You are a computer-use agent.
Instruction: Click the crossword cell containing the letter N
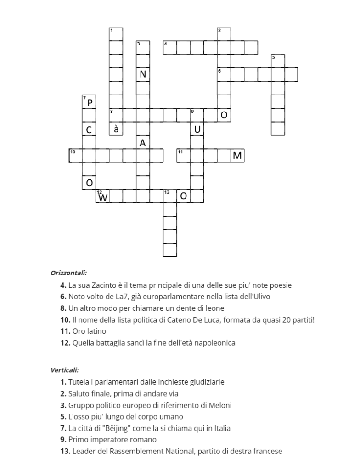[x=143, y=74]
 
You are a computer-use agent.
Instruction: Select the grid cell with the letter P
[x=89, y=102]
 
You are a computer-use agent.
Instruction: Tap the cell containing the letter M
[x=237, y=156]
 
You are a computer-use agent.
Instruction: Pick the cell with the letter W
[x=103, y=196]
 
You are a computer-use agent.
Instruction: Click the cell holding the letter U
[x=197, y=129]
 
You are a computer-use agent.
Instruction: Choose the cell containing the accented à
[x=116, y=129]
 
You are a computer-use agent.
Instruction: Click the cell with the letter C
[x=89, y=129]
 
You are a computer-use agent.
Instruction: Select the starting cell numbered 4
[x=170, y=48]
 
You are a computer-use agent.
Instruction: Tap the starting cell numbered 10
[x=76, y=156]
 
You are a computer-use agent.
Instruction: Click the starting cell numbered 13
[x=170, y=196]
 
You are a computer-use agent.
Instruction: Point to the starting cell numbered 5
[x=278, y=61]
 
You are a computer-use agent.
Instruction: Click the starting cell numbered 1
[x=116, y=34]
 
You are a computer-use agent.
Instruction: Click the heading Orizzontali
[x=68, y=273]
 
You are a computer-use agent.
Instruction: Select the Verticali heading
[x=64, y=369]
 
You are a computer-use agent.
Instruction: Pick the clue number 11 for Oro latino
[x=64, y=331]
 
